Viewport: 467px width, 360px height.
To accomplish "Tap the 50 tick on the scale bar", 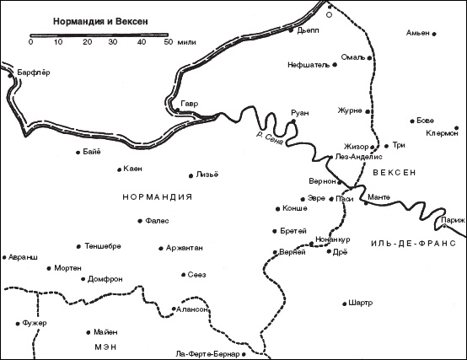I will click(169, 41).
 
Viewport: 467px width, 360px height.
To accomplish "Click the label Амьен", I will click(418, 34).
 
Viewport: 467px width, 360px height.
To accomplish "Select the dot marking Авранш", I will click(4, 258).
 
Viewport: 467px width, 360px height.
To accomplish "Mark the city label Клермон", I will click(442, 133).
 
